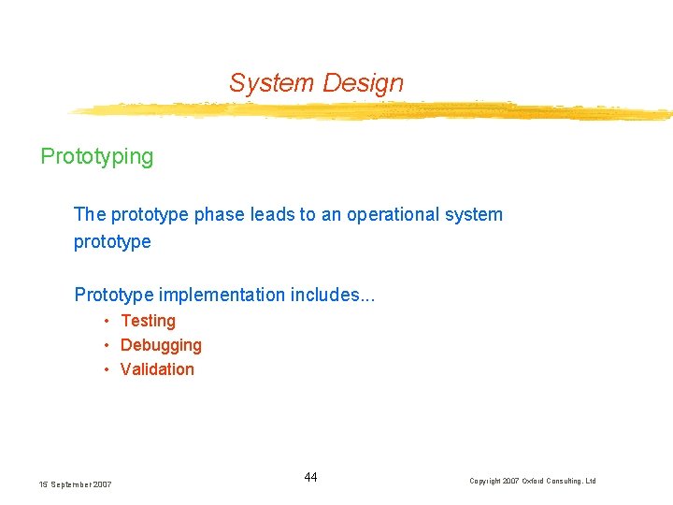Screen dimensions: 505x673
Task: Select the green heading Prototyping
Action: pos(96,156)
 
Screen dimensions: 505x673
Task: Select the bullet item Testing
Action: pos(148,321)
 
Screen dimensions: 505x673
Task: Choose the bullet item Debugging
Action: pos(161,345)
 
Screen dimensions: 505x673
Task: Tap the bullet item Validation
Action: pos(157,369)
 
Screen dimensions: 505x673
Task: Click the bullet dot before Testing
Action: pos(108,321)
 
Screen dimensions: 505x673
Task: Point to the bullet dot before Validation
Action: pos(108,369)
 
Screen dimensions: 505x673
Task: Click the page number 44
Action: pos(310,478)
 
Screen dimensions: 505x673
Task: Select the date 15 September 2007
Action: pos(76,484)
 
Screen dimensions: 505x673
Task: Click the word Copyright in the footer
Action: pos(486,482)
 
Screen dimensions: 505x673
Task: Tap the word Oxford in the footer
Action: pos(537,482)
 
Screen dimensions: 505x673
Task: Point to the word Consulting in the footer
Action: pos(567,482)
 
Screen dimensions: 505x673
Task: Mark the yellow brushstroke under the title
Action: pos(374,111)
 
